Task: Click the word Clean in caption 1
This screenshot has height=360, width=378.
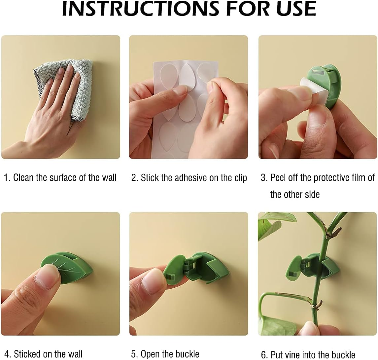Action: [24, 178]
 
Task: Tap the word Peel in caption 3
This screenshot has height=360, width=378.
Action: [278, 178]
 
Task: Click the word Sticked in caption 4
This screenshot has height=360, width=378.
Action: [30, 354]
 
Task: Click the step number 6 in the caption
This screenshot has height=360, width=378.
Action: [263, 355]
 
